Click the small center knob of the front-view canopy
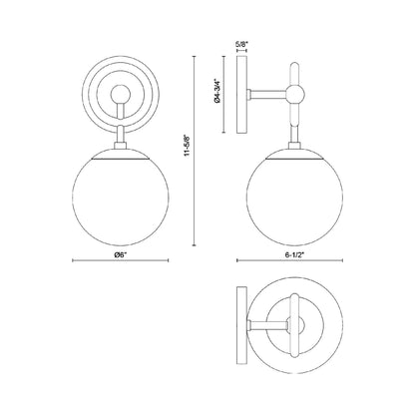point(120,96)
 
